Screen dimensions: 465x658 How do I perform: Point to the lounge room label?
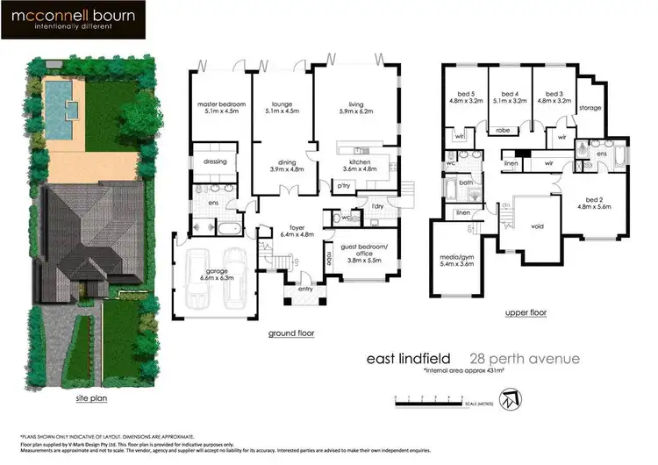[x=282, y=109]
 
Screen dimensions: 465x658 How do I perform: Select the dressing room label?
[x=215, y=161]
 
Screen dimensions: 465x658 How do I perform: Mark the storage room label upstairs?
[x=590, y=108]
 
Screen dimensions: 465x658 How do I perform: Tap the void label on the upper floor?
[x=538, y=225]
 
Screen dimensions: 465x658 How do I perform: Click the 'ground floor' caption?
[x=293, y=333]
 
